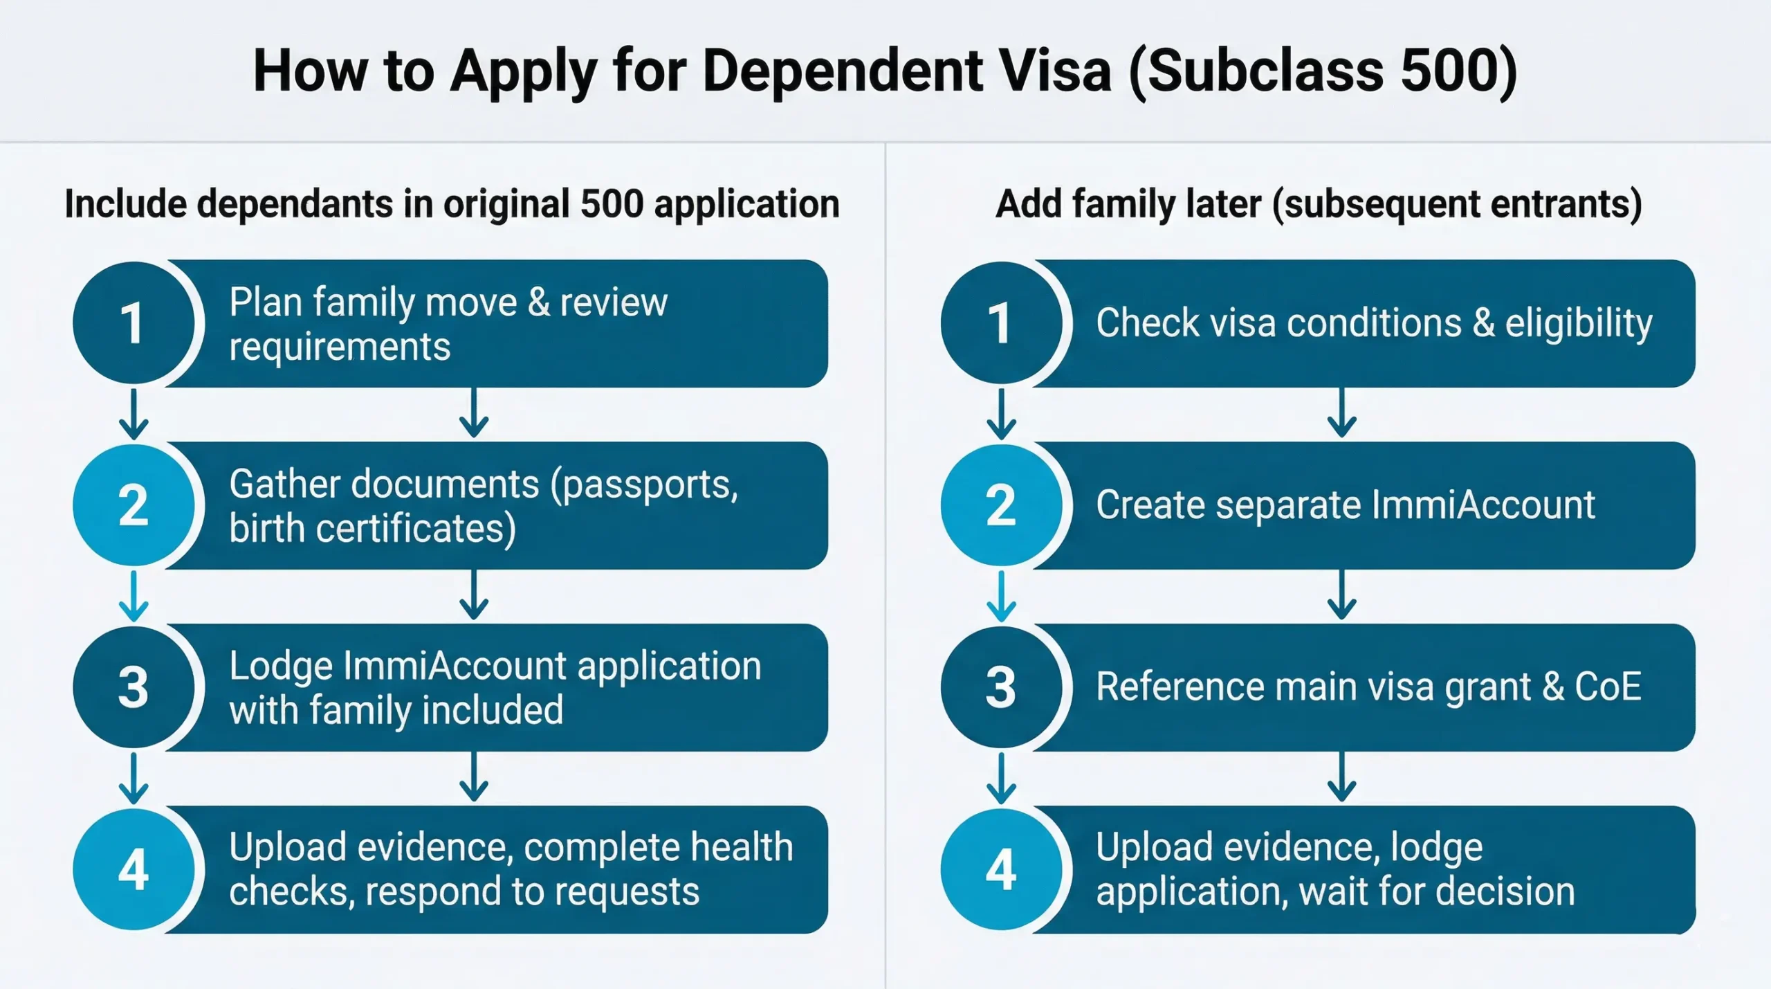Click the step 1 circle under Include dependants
point(133,323)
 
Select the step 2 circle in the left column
point(133,505)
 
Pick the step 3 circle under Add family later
point(1000,687)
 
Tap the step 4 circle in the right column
point(1000,869)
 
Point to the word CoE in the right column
point(1608,687)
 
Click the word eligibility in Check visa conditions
point(1579,323)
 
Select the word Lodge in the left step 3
point(281,666)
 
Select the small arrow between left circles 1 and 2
point(134,414)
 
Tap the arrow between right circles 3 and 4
point(1001,778)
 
